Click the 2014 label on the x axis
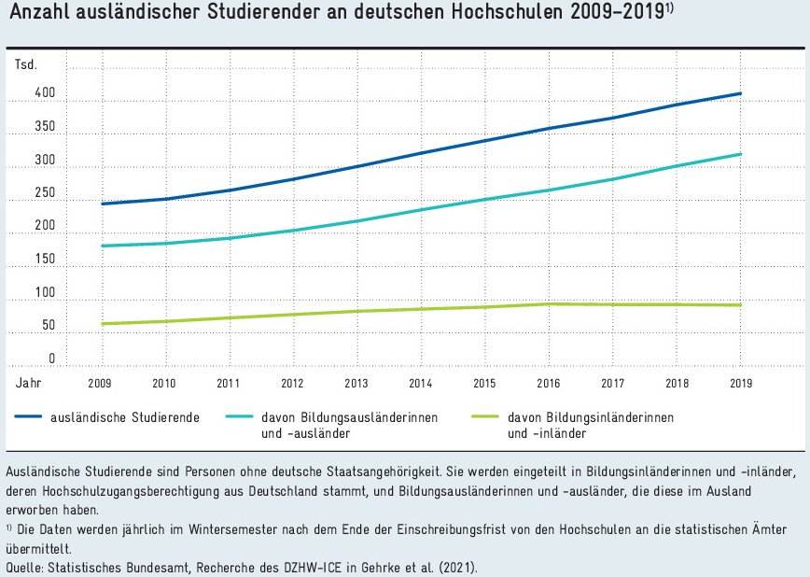tap(420, 384)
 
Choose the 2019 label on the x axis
tap(741, 384)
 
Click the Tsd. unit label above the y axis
tap(26, 63)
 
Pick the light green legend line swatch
tap(489, 417)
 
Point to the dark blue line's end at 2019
tap(741, 93)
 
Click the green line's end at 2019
tap(741, 305)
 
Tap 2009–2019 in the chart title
tap(617, 13)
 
